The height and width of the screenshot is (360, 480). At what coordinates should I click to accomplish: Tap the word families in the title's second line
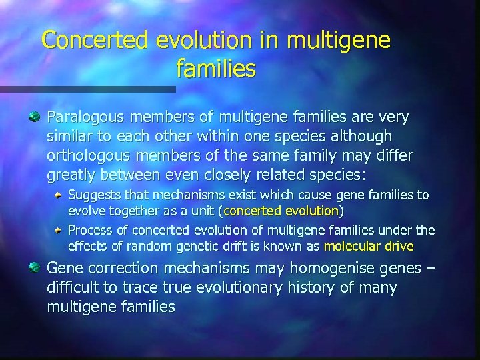pos(216,67)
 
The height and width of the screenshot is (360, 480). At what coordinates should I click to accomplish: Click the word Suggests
pos(95,195)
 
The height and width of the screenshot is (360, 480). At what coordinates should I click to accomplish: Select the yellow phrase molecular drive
pos(368,246)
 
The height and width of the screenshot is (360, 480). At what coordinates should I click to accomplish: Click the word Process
pos(90,231)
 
